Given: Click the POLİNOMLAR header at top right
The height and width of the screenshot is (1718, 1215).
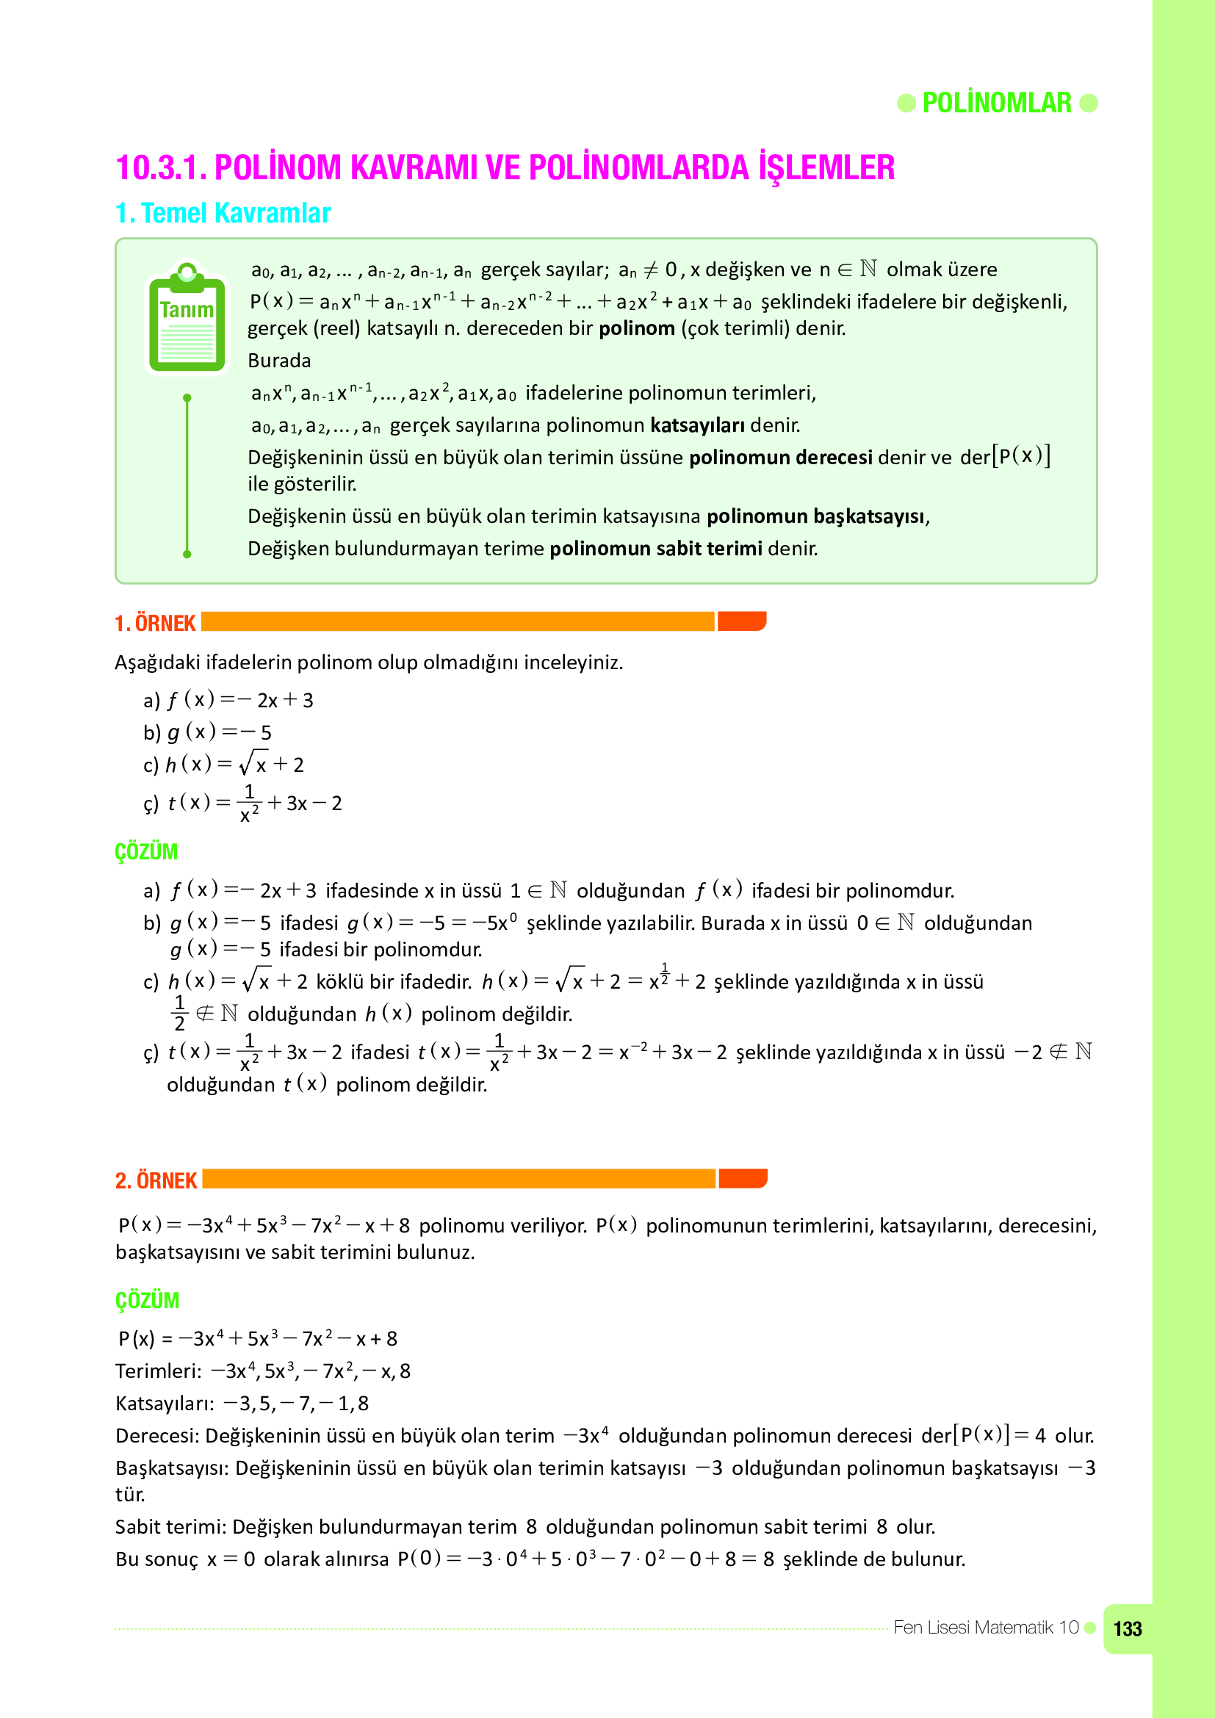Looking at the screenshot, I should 997,104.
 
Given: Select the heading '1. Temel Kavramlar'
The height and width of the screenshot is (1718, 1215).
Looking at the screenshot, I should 223,213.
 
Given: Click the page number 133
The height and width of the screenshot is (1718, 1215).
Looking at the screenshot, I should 1128,1629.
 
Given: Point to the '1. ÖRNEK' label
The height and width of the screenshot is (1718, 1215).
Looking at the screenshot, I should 155,624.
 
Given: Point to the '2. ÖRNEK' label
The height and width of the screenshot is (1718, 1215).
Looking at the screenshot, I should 156,1181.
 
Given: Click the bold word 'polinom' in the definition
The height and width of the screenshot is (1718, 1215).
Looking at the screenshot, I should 637,328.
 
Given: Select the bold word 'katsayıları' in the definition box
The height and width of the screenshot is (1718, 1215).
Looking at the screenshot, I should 696,426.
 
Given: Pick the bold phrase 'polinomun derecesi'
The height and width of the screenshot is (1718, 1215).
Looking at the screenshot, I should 780,458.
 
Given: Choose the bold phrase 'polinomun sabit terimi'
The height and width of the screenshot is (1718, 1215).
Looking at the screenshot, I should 655,549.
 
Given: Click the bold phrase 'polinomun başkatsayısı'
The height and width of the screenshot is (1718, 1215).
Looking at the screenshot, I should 816,517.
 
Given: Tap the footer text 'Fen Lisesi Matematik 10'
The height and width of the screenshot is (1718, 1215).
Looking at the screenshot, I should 985,1628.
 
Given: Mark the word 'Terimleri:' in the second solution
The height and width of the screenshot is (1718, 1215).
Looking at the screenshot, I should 159,1371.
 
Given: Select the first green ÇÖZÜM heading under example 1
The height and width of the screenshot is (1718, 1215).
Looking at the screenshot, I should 146,851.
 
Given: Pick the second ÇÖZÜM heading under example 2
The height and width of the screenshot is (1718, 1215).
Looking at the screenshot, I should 147,1301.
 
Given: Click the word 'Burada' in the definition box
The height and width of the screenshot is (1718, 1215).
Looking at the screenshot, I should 279,361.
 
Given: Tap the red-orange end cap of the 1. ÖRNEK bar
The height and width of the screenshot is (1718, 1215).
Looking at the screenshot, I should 741,622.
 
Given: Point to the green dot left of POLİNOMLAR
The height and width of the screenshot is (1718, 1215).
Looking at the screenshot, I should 906,104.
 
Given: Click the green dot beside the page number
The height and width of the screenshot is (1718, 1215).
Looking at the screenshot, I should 1090,1628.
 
